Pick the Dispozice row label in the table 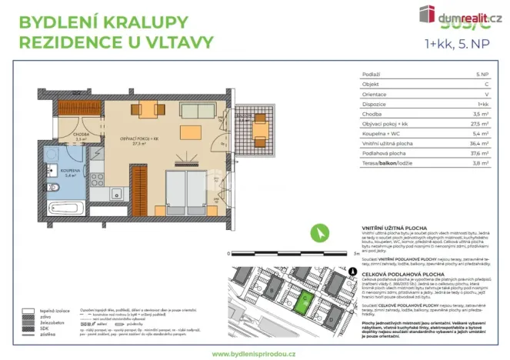[373, 103]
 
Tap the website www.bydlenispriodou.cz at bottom [255, 351]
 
